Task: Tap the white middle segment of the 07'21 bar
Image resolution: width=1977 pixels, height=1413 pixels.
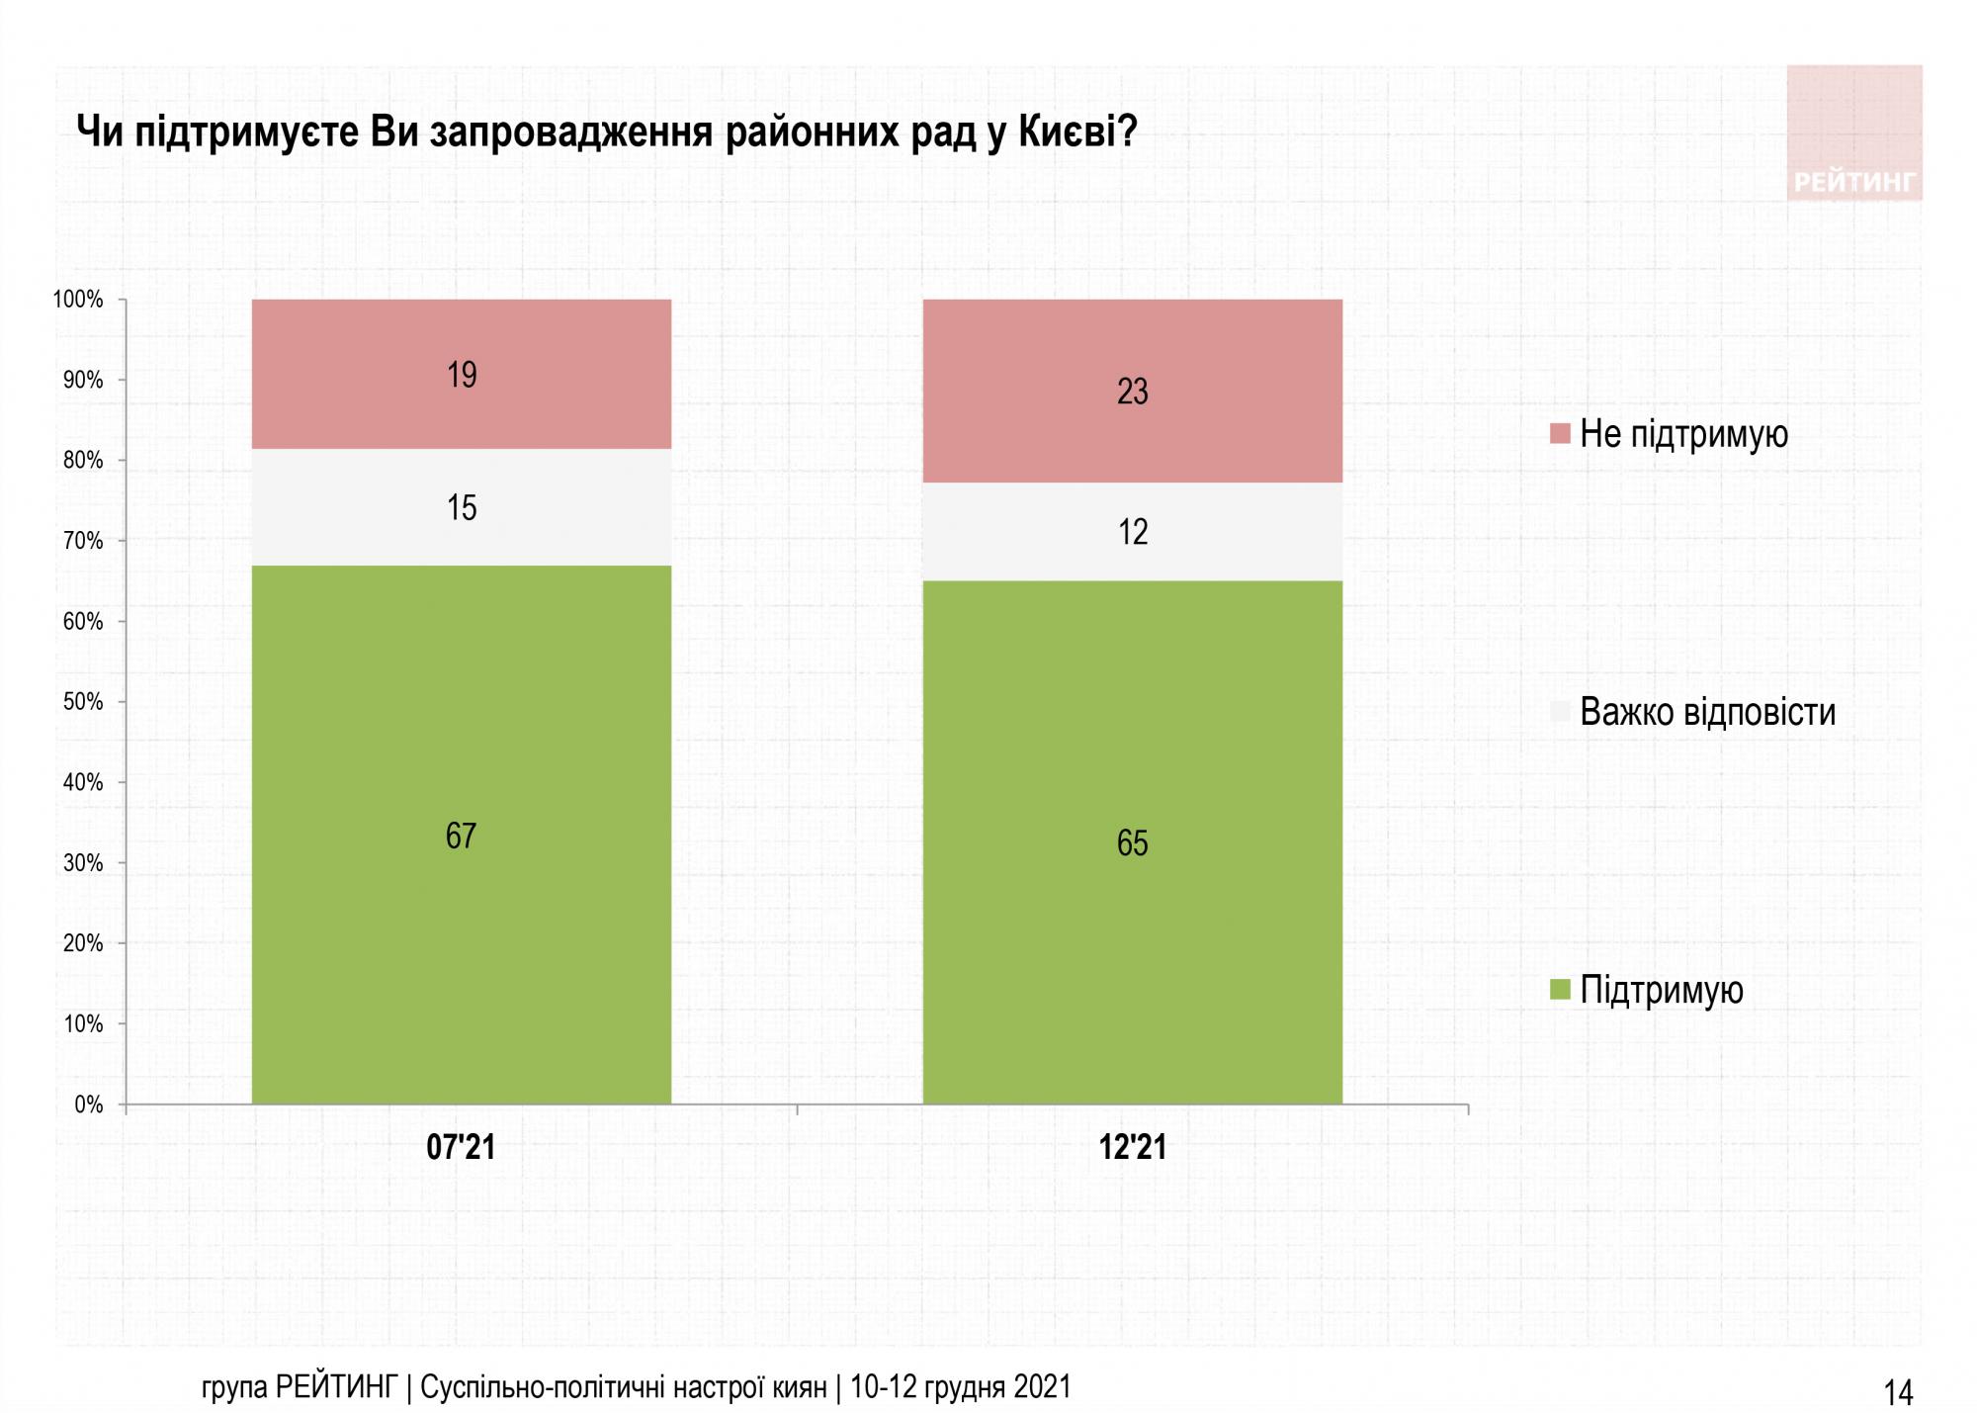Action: coord(462,534)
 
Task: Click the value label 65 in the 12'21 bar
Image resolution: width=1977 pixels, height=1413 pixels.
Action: coord(1133,842)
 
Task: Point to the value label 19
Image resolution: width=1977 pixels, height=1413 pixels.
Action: coord(462,375)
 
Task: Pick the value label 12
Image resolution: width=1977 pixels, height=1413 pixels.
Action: coord(1133,532)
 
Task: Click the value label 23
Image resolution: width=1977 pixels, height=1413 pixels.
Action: coord(1133,392)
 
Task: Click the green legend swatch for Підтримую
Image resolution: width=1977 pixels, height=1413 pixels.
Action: coord(1561,990)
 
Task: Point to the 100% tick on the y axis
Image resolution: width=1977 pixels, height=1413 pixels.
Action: coord(78,300)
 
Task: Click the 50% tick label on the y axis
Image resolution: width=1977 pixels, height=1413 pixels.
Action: coord(83,702)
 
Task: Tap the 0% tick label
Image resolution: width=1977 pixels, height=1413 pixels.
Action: coord(88,1104)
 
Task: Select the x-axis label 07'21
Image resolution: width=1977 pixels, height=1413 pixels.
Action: coord(461,1147)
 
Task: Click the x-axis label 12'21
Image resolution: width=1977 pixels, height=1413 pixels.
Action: coord(1133,1147)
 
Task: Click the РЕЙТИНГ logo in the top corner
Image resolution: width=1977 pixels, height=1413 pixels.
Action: coord(1854,133)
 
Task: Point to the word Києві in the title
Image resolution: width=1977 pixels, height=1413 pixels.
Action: coord(1077,132)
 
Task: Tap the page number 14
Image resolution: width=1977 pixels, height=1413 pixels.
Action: coord(1898,1393)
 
